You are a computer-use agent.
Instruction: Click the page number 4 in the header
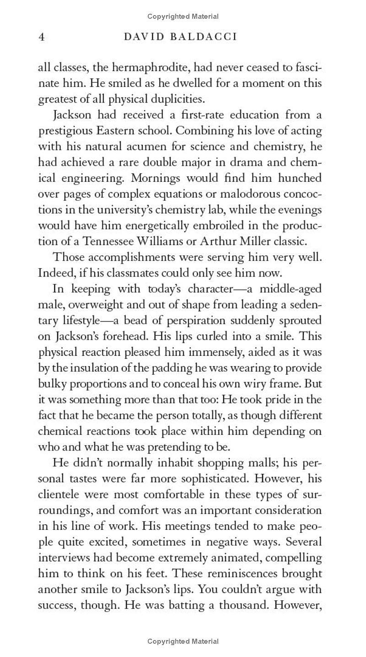41,37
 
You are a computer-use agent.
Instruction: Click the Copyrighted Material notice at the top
183,16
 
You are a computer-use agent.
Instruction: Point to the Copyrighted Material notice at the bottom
183,641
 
